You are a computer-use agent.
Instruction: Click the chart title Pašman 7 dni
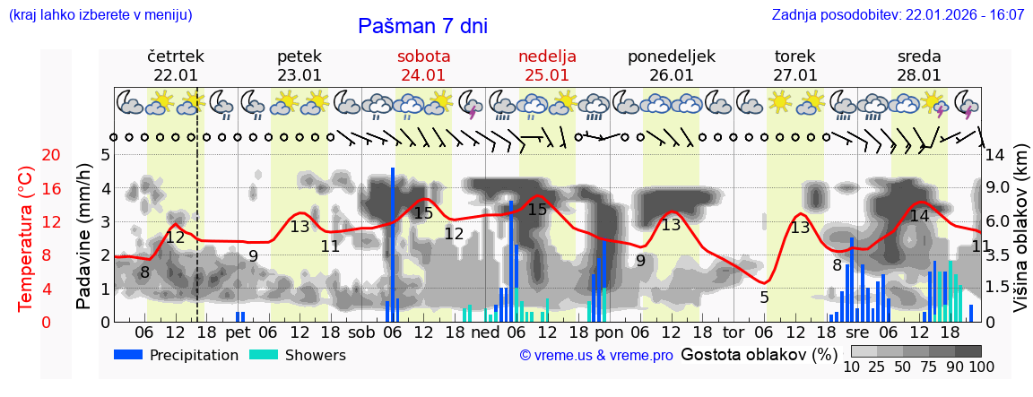422,26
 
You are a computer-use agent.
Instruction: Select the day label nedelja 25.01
547,65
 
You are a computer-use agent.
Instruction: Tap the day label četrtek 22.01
176,65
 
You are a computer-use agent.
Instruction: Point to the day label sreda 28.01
919,65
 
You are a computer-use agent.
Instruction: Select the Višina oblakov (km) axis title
1020,237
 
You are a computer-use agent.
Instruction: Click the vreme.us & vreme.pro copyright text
596,356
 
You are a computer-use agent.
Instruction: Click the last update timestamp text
898,15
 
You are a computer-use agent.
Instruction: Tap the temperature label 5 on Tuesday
764,298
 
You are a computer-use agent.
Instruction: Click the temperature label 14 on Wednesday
919,216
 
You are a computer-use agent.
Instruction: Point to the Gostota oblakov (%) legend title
759,355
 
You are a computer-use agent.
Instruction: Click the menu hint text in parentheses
100,15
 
